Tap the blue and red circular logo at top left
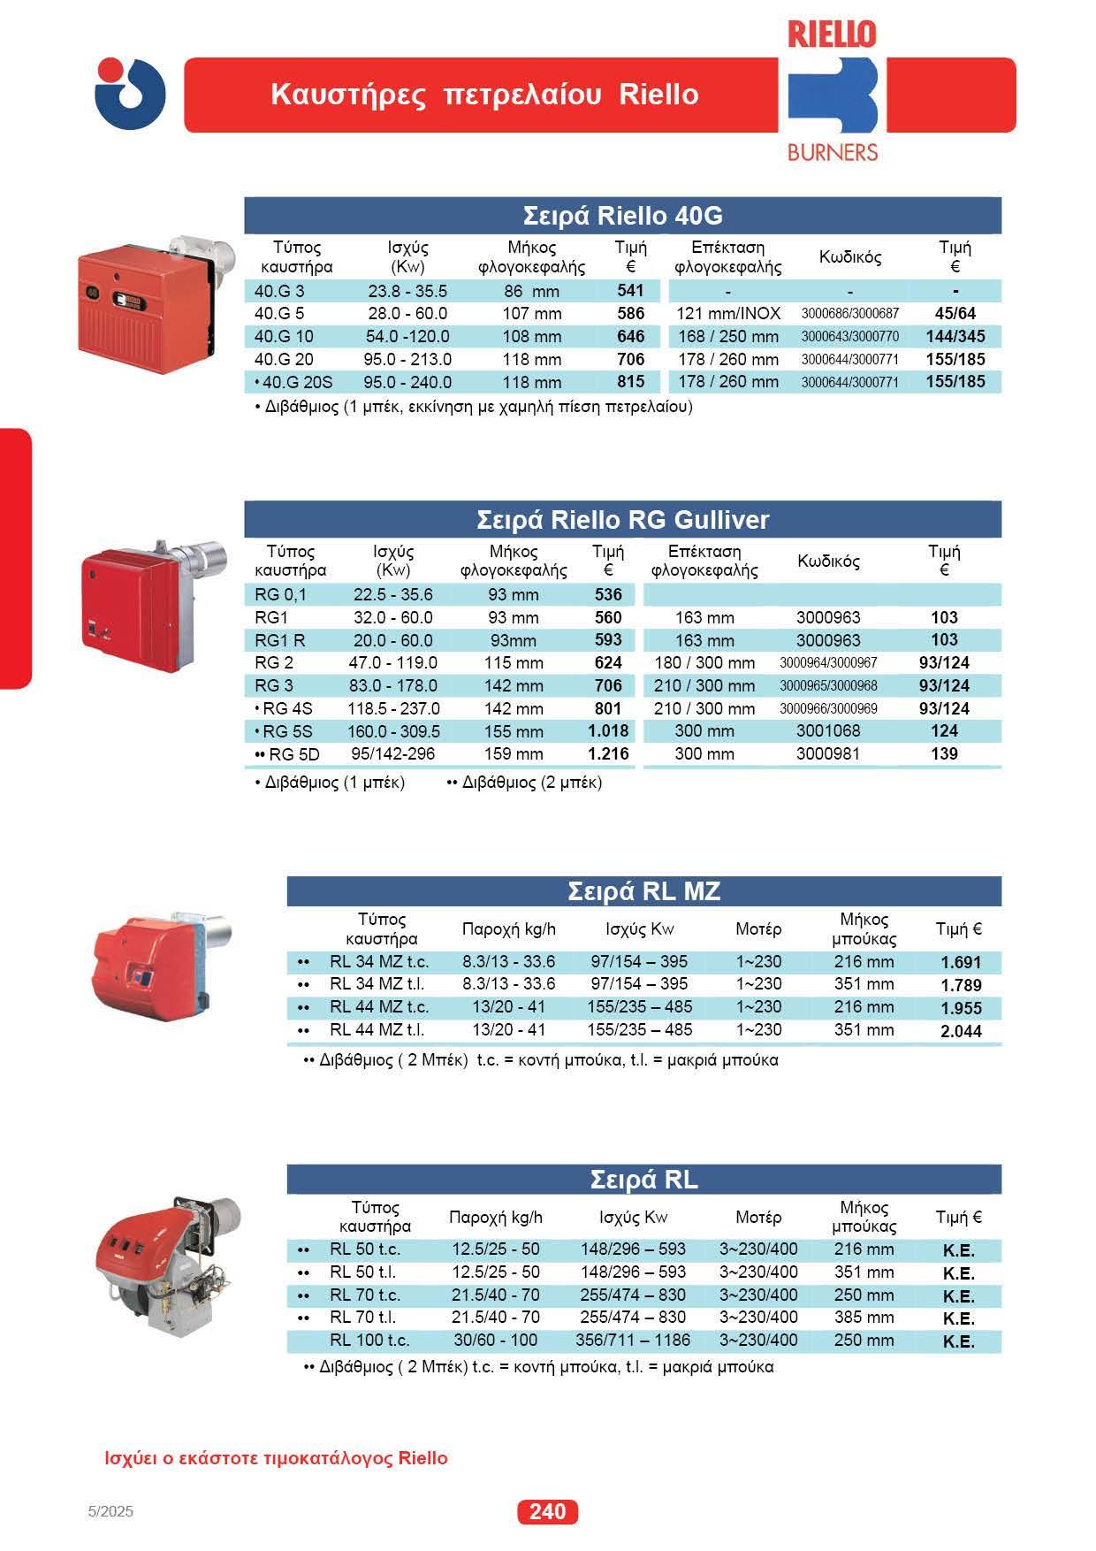tap(130, 94)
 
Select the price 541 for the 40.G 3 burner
tap(630, 290)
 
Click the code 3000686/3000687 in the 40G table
tap(849, 314)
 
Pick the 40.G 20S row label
tap(293, 382)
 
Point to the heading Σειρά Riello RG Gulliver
tap(622, 519)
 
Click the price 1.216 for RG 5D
tap(608, 753)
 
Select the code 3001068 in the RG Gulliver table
tap(828, 731)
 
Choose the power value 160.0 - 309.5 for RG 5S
tap(393, 731)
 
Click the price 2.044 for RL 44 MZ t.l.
tap(961, 1031)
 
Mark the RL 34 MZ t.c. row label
tap(378, 961)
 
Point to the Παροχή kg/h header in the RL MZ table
tap(509, 928)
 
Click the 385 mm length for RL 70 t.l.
tap(864, 1317)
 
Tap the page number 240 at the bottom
tap(547, 1511)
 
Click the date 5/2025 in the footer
tap(111, 1511)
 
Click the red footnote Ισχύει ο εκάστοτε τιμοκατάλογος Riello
tap(276, 1458)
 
